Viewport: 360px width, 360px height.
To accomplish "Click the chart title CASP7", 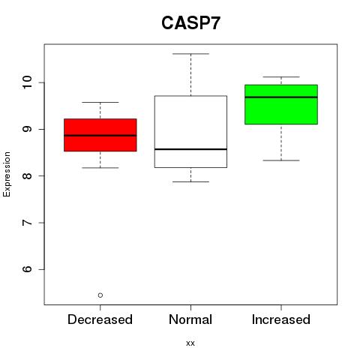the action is [x=190, y=23].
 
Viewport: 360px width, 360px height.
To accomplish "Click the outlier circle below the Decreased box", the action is [x=100, y=295].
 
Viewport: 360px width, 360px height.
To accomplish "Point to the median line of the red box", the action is [x=100, y=136].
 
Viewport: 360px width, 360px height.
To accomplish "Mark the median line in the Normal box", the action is [x=190, y=149].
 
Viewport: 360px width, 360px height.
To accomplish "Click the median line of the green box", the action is [x=281, y=97].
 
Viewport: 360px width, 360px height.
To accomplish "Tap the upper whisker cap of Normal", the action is [x=190, y=54].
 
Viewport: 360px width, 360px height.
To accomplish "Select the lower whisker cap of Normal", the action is [x=190, y=181].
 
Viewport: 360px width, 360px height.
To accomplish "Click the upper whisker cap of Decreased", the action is [x=100, y=102].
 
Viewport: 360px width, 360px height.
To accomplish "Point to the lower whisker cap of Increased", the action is [x=281, y=160].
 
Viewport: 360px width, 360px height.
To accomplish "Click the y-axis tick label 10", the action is [x=28, y=82].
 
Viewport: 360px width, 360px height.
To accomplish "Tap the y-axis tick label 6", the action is [x=28, y=269].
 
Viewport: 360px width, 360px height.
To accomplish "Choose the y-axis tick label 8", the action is [x=28, y=175].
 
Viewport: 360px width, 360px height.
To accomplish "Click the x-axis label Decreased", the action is [x=100, y=319].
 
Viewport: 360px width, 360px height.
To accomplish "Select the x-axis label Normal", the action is [x=190, y=319].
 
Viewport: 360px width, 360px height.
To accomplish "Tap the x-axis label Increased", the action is [x=281, y=319].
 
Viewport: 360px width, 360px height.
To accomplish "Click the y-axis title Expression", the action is [x=7, y=174].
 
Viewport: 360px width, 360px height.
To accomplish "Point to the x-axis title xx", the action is [x=190, y=343].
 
